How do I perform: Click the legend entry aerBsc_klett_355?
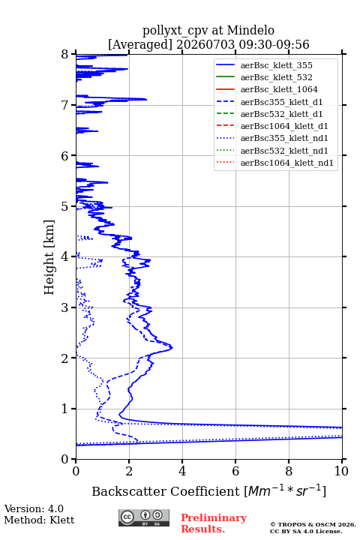(276, 65)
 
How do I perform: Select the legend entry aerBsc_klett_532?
(276, 77)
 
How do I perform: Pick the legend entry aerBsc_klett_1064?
(279, 89)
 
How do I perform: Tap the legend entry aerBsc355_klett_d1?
(281, 102)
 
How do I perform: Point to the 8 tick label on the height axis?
(65, 55)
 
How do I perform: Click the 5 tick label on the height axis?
(65, 207)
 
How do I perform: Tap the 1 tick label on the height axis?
(65, 409)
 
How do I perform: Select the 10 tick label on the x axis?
(341, 471)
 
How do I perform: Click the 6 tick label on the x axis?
(235, 471)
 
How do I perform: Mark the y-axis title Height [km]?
(49, 257)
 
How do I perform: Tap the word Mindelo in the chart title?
(250, 30)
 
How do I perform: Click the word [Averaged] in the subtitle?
(139, 44)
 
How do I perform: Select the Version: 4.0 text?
(34, 508)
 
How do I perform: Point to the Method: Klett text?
(39, 520)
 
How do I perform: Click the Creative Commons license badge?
(144, 518)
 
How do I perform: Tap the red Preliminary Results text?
(214, 523)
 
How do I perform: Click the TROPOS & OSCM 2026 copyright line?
(313, 524)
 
